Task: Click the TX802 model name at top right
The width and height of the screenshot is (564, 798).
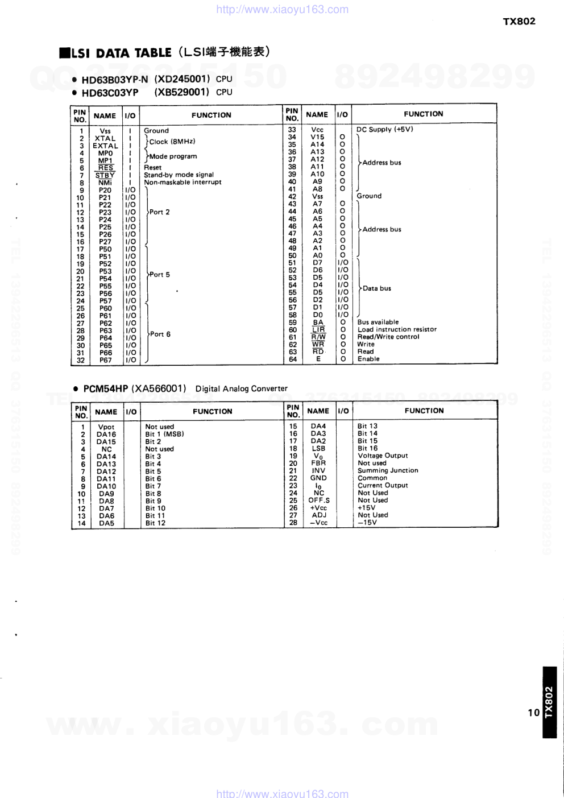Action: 519,22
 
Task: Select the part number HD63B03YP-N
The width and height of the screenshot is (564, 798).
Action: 114,80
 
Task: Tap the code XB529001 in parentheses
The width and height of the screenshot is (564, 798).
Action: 182,92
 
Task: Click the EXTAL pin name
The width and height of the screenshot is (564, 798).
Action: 105,146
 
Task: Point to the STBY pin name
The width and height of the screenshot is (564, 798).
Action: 105,176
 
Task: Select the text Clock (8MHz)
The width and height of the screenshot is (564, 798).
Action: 172,142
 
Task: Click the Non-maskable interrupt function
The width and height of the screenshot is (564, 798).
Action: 183,183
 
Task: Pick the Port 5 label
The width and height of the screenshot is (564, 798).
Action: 160,275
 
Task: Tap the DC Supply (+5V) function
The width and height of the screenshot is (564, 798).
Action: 385,130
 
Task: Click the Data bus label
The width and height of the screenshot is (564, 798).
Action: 377,288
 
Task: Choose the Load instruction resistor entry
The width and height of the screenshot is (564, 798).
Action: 397,329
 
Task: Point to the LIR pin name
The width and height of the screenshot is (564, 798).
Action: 318,330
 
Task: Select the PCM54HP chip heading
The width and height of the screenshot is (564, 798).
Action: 106,389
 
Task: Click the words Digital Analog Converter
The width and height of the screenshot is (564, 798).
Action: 242,389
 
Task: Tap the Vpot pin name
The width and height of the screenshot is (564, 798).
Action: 106,427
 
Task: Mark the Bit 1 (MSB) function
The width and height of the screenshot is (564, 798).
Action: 164,434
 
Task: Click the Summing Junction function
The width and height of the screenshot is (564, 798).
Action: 388,470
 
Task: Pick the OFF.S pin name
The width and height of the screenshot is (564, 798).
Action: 319,501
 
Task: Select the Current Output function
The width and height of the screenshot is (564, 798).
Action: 383,485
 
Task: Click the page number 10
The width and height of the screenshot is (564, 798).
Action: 533,713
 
